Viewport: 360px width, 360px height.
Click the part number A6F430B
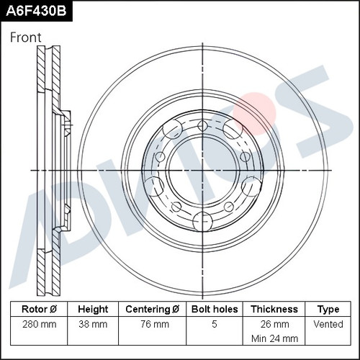pyautogui.click(x=36, y=11)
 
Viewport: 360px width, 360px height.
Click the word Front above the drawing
pyautogui.click(x=26, y=37)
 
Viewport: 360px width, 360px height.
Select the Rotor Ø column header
pyautogui.click(x=39, y=309)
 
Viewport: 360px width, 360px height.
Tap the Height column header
pyautogui.click(x=93, y=309)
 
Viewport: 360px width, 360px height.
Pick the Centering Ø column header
pyautogui.click(x=153, y=309)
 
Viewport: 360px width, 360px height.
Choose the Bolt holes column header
pyautogui.click(x=215, y=309)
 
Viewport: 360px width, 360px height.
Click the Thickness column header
pyautogui.click(x=274, y=309)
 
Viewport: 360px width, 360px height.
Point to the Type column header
pyautogui.click(x=328, y=310)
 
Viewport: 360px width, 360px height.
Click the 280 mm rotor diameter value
pyautogui.click(x=40, y=324)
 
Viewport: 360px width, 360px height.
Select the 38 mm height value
pyautogui.click(x=93, y=324)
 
